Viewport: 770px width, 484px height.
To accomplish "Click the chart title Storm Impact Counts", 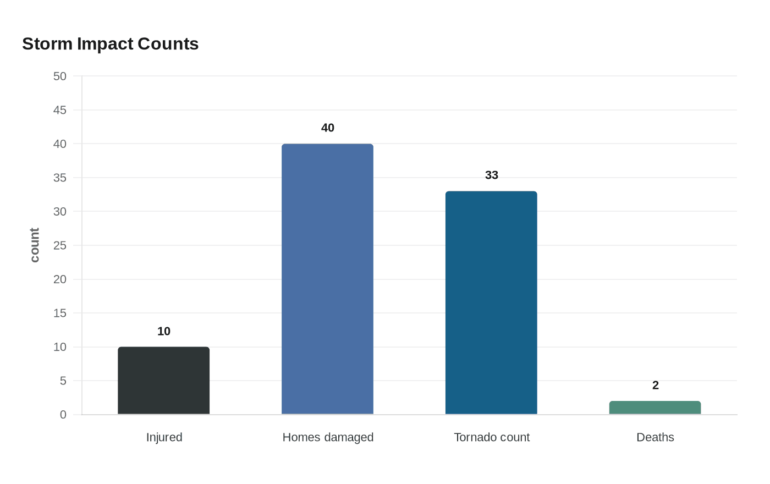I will pos(110,44).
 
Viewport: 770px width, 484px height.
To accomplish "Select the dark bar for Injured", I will pos(163,381).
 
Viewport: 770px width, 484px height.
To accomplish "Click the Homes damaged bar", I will pos(327,279).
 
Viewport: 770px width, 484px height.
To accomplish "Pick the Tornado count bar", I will pos(491,302).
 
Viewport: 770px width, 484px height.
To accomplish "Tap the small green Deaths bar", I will pos(654,408).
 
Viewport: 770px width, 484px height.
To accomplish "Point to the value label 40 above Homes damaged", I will pos(327,128).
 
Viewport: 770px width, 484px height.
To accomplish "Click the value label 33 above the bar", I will pos(491,175).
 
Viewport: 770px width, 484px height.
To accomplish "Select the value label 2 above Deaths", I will pos(655,385).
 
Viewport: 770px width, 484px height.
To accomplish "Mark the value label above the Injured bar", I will pos(163,331).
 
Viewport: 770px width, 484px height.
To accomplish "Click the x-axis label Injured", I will pos(164,437).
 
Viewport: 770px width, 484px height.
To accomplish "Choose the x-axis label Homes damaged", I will pos(328,437).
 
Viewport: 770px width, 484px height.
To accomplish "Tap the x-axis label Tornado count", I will pos(492,437).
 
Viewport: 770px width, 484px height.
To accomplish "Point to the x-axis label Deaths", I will pos(655,437).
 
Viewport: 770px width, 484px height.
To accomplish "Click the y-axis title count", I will pos(35,245).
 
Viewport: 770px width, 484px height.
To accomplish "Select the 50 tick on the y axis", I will pos(59,76).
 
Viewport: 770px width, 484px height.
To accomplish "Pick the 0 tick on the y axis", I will pos(63,415).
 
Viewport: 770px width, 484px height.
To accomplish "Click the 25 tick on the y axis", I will pos(59,245).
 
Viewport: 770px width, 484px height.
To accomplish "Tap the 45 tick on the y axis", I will pos(59,110).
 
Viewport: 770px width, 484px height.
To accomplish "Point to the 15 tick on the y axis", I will pos(59,313).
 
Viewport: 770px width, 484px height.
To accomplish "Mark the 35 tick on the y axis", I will pos(59,178).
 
